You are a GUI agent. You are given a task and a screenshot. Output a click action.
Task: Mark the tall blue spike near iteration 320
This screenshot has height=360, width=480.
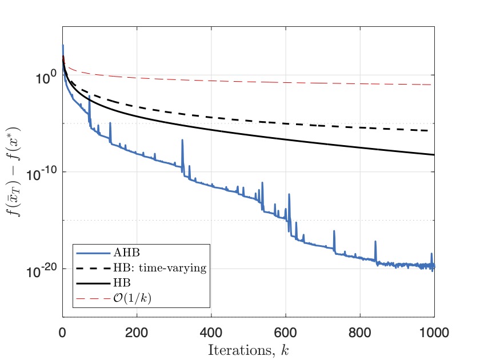[182, 140]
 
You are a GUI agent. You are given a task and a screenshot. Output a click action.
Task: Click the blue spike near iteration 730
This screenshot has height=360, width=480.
[419, 231]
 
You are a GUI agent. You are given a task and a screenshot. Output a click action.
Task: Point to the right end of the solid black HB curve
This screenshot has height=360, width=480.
[434, 155]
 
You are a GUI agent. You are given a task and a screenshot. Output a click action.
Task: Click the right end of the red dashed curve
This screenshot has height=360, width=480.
[430, 85]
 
